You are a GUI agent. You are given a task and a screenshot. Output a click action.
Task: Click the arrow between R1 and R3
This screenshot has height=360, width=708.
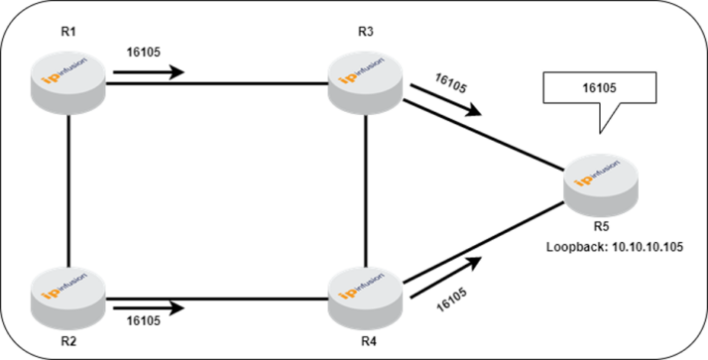149,71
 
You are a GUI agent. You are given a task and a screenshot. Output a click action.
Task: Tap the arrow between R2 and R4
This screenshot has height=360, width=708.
149,307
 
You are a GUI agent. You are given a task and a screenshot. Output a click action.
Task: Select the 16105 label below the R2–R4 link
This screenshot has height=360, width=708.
145,321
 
